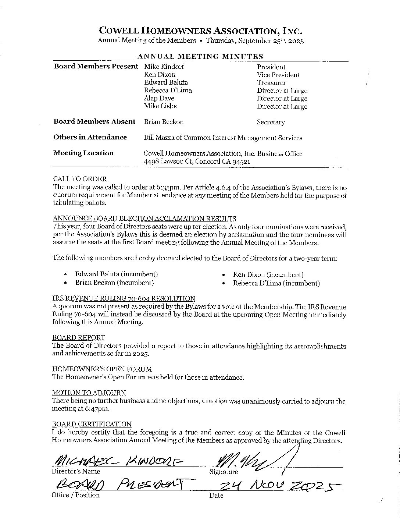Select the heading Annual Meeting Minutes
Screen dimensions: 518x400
point(200,56)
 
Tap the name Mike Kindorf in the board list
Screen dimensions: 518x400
point(164,67)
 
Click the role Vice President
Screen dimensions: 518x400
point(278,75)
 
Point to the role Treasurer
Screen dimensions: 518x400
point(271,83)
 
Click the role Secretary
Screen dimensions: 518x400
point(271,122)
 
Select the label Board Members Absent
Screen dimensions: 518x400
point(94,121)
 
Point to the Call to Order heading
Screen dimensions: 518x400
point(80,179)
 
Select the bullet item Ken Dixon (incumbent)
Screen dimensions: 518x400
point(268,275)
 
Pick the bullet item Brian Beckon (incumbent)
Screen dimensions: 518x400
point(114,283)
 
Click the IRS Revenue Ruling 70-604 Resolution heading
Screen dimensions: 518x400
point(124,298)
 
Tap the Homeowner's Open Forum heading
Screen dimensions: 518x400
point(102,369)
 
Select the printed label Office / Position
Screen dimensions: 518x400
point(76,495)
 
